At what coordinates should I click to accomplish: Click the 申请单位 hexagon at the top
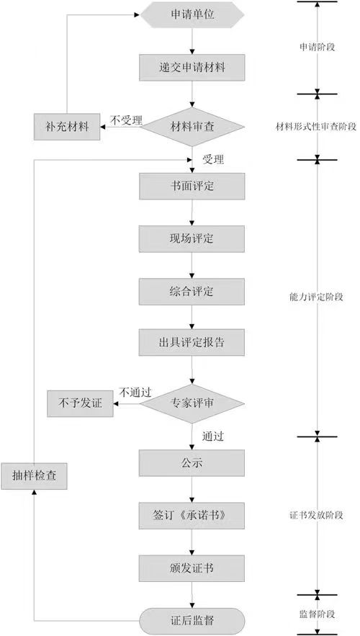[x=192, y=14]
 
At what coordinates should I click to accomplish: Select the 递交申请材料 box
[x=192, y=69]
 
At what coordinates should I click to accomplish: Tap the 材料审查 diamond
[x=192, y=127]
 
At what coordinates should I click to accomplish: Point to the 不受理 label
[x=127, y=119]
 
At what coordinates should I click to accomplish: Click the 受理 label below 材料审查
[x=214, y=158]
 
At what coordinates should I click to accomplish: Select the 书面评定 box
[x=192, y=186]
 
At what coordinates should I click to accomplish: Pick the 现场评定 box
[x=192, y=238]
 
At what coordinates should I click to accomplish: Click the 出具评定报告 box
[x=192, y=342]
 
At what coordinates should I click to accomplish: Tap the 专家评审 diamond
[x=192, y=403]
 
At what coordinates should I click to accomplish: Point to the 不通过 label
[x=135, y=393]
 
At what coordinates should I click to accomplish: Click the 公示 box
[x=192, y=462]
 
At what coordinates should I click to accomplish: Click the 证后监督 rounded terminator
[x=192, y=619]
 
